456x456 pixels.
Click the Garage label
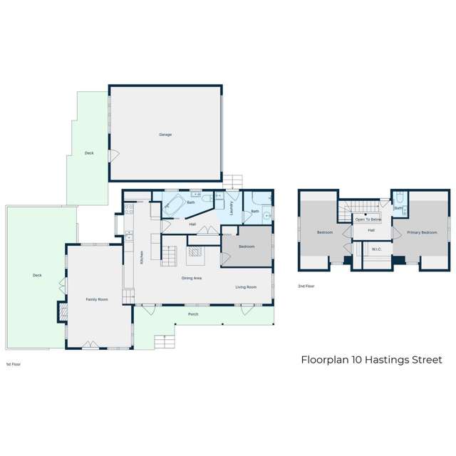[165, 134]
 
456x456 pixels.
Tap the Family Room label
[97, 300]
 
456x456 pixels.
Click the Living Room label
[247, 287]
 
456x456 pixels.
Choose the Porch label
[193, 313]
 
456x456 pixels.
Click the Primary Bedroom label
[423, 232]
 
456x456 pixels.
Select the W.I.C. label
[377, 249]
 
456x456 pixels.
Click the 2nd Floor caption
[306, 286]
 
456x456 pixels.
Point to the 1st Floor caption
[13, 364]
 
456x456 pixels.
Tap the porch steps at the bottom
[165, 342]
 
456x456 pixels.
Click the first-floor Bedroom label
[247, 246]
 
